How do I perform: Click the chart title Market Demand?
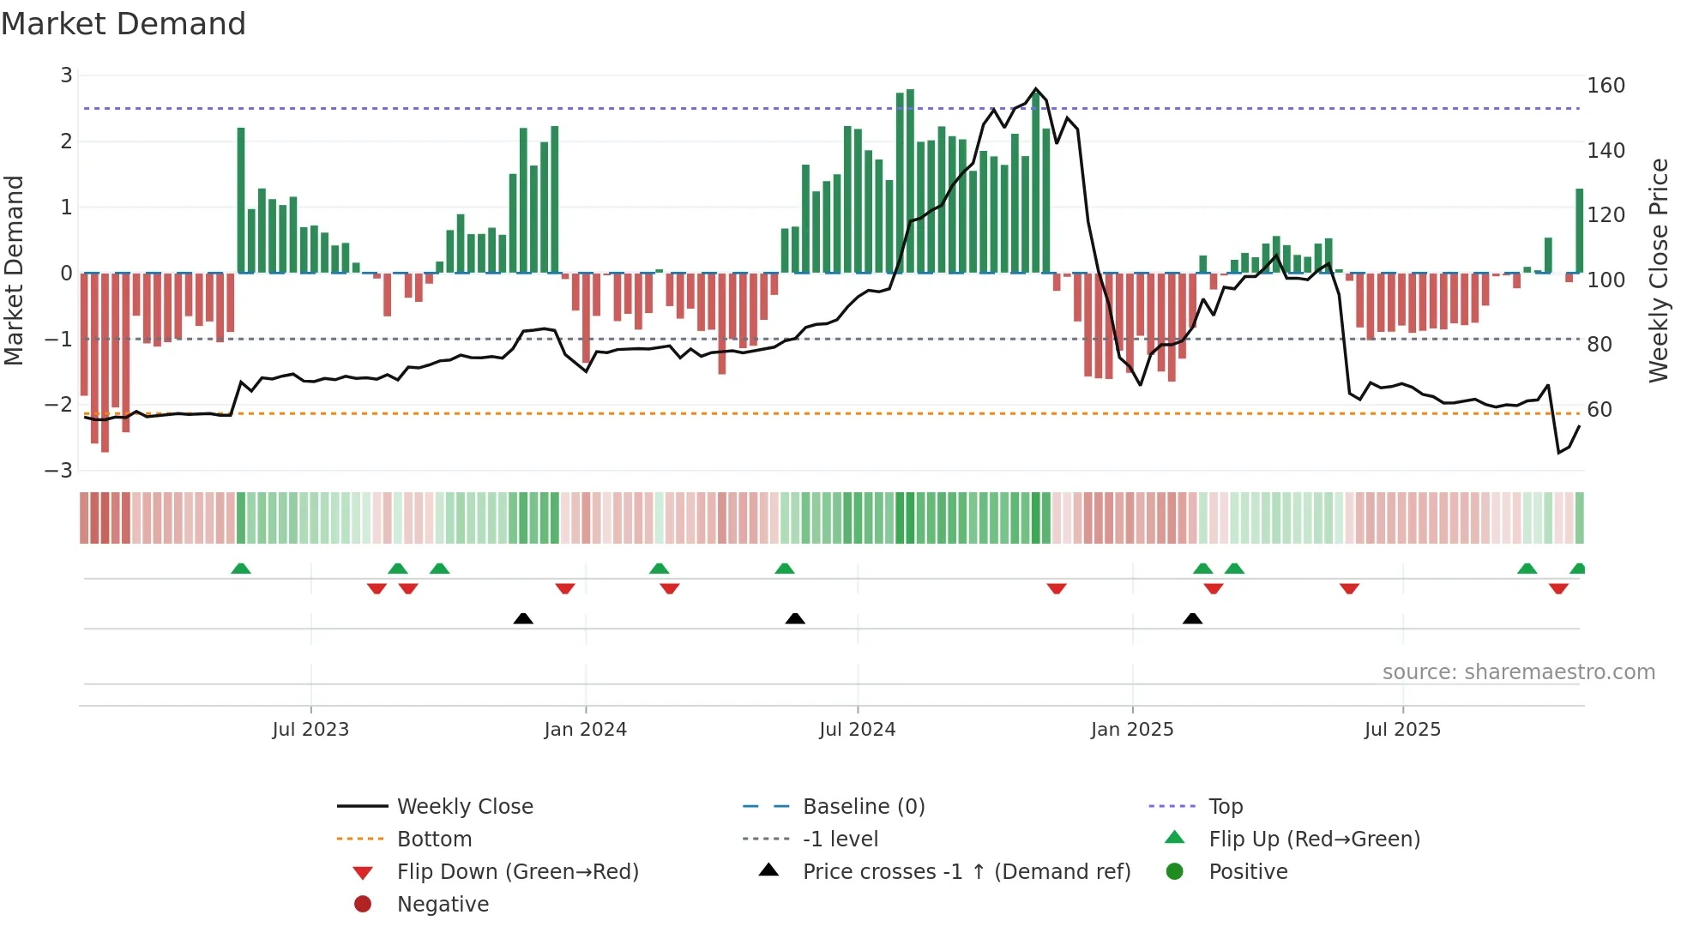[124, 23]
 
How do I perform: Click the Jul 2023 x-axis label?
[310, 730]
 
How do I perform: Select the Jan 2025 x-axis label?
[1132, 730]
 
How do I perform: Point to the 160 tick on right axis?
[1606, 86]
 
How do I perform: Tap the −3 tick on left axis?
[59, 471]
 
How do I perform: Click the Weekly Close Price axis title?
[1659, 270]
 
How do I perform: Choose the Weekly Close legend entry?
[464, 807]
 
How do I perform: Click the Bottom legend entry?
[434, 840]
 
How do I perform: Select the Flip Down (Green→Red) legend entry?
[517, 872]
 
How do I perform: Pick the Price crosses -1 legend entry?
[966, 872]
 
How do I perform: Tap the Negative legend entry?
[443, 905]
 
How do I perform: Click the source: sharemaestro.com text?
[1518, 672]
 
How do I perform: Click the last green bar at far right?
[1579, 232]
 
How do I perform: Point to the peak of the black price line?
[1036, 89]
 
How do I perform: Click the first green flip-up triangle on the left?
[241, 569]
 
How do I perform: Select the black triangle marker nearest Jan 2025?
[1192, 619]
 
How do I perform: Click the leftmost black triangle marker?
[523, 619]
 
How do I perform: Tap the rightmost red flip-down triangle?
[1558, 588]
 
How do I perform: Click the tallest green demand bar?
[910, 180]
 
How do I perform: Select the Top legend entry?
[1225, 807]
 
